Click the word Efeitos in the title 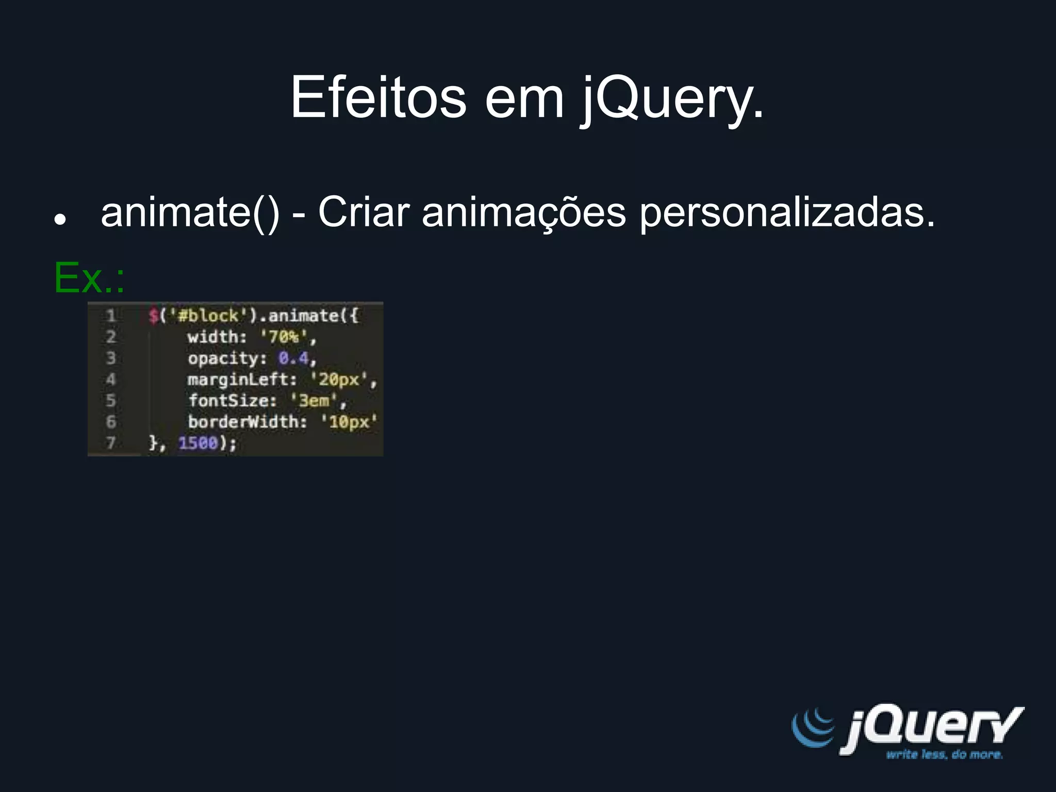(x=378, y=97)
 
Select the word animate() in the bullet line (x=190, y=212)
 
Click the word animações (x=523, y=212)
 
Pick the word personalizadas (x=787, y=212)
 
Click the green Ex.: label (x=89, y=278)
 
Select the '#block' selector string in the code (x=208, y=316)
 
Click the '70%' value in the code (x=284, y=337)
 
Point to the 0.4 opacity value (x=293, y=358)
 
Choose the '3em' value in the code (x=314, y=401)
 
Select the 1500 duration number (x=198, y=443)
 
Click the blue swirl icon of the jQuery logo (x=813, y=727)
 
